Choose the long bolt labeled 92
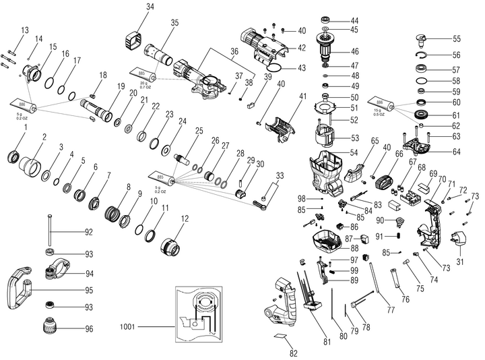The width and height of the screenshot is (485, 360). click(49, 231)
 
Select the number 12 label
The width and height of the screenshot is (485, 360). click(185, 218)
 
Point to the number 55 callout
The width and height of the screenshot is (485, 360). click(456, 39)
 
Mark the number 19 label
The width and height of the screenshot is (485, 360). click(121, 86)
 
